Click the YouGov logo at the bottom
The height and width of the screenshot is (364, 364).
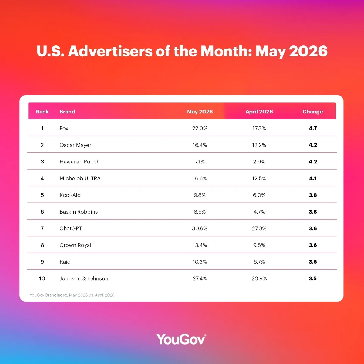point(181,339)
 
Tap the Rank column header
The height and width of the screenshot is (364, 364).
point(42,112)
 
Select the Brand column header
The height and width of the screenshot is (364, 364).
point(67,112)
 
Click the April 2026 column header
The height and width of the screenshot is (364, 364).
point(259,112)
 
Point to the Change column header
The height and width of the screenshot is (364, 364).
point(313,112)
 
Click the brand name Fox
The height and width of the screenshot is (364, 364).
point(64,128)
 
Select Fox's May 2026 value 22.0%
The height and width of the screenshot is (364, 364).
point(200,128)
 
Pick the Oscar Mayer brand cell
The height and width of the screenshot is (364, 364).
point(75,145)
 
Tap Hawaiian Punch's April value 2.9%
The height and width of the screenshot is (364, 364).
point(259,162)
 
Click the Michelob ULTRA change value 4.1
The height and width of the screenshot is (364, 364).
point(313,178)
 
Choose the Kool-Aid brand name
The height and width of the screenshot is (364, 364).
point(70,195)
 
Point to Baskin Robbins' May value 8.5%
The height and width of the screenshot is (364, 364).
point(200,212)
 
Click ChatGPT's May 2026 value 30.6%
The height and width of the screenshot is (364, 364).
point(200,228)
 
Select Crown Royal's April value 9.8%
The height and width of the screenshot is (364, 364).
point(259,245)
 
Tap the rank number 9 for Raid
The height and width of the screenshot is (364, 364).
point(42,262)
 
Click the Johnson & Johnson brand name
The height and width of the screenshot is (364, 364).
point(84,278)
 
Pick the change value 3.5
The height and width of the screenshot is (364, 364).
point(313,278)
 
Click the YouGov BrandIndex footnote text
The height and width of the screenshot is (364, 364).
point(72,295)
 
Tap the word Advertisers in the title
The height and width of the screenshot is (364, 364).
point(110,51)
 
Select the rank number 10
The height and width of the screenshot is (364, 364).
point(42,278)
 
